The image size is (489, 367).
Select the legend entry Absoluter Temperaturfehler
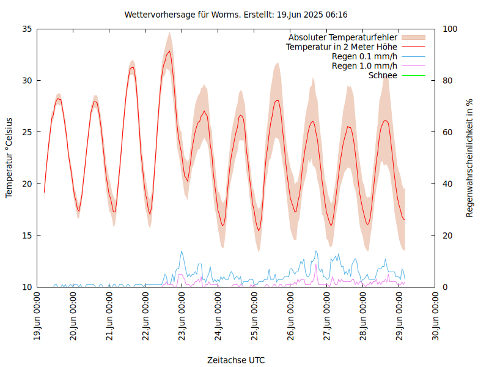tap(343, 37)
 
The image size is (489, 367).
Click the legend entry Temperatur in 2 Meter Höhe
tap(342, 46)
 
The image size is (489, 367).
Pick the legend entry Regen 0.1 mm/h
tap(364, 56)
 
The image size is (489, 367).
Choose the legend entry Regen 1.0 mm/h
tap(364, 65)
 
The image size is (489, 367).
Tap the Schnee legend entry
tap(383, 75)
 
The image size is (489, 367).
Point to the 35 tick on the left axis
tap(28, 29)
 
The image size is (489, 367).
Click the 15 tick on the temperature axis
tap(28, 235)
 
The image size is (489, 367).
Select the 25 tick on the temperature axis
tap(28, 132)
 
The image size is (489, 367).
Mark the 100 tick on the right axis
tap(450, 29)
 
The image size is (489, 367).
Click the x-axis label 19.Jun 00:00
tap(37, 317)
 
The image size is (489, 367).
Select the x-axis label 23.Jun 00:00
tap(182, 317)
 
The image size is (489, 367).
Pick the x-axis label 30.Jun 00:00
tap(436, 317)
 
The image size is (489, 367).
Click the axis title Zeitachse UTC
tap(236, 360)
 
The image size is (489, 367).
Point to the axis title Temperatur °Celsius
tap(9, 158)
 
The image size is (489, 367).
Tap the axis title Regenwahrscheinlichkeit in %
tap(470, 158)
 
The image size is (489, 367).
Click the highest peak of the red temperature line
tap(169, 51)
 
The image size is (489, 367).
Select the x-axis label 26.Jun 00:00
tap(291, 317)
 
